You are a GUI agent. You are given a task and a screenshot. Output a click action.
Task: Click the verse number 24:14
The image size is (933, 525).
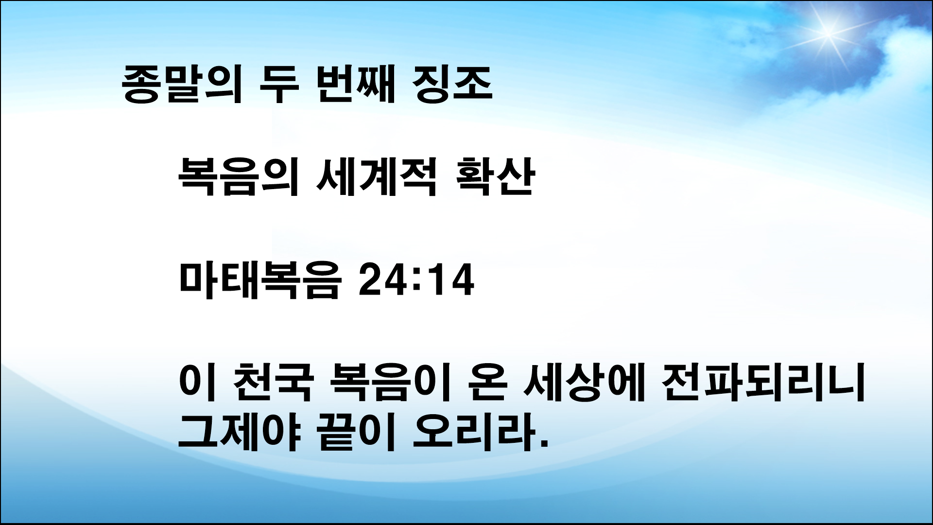point(415,282)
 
